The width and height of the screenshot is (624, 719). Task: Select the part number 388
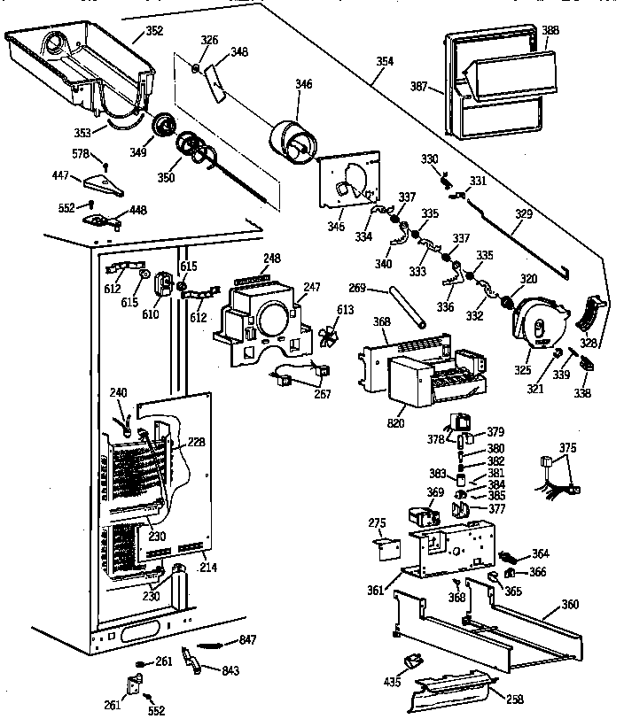click(550, 30)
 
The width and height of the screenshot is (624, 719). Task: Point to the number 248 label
click(272, 259)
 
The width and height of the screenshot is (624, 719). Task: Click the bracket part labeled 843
click(191, 660)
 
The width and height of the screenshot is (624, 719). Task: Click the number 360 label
click(570, 605)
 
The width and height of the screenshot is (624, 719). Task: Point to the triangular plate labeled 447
click(104, 185)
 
